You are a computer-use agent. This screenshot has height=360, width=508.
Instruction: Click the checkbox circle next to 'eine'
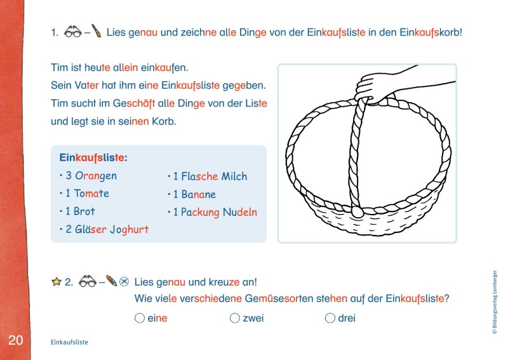coord(140,318)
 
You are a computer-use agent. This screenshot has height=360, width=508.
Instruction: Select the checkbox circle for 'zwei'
coord(235,318)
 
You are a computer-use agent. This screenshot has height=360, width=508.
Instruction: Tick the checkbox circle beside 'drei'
coord(330,318)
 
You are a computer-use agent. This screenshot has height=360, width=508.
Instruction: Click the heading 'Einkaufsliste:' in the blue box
coord(93,157)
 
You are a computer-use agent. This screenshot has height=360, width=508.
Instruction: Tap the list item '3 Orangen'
coord(91,176)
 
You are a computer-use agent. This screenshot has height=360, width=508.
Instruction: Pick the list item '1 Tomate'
coord(87,194)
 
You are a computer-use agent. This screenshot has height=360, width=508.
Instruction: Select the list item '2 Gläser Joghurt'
coord(107,229)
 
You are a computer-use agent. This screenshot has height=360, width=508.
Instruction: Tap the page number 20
coord(15,340)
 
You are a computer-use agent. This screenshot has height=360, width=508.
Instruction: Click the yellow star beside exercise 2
coord(56,281)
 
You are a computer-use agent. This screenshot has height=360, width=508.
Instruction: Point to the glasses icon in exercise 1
coord(74,30)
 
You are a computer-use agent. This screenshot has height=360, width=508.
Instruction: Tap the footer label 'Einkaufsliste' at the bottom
coord(69,342)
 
